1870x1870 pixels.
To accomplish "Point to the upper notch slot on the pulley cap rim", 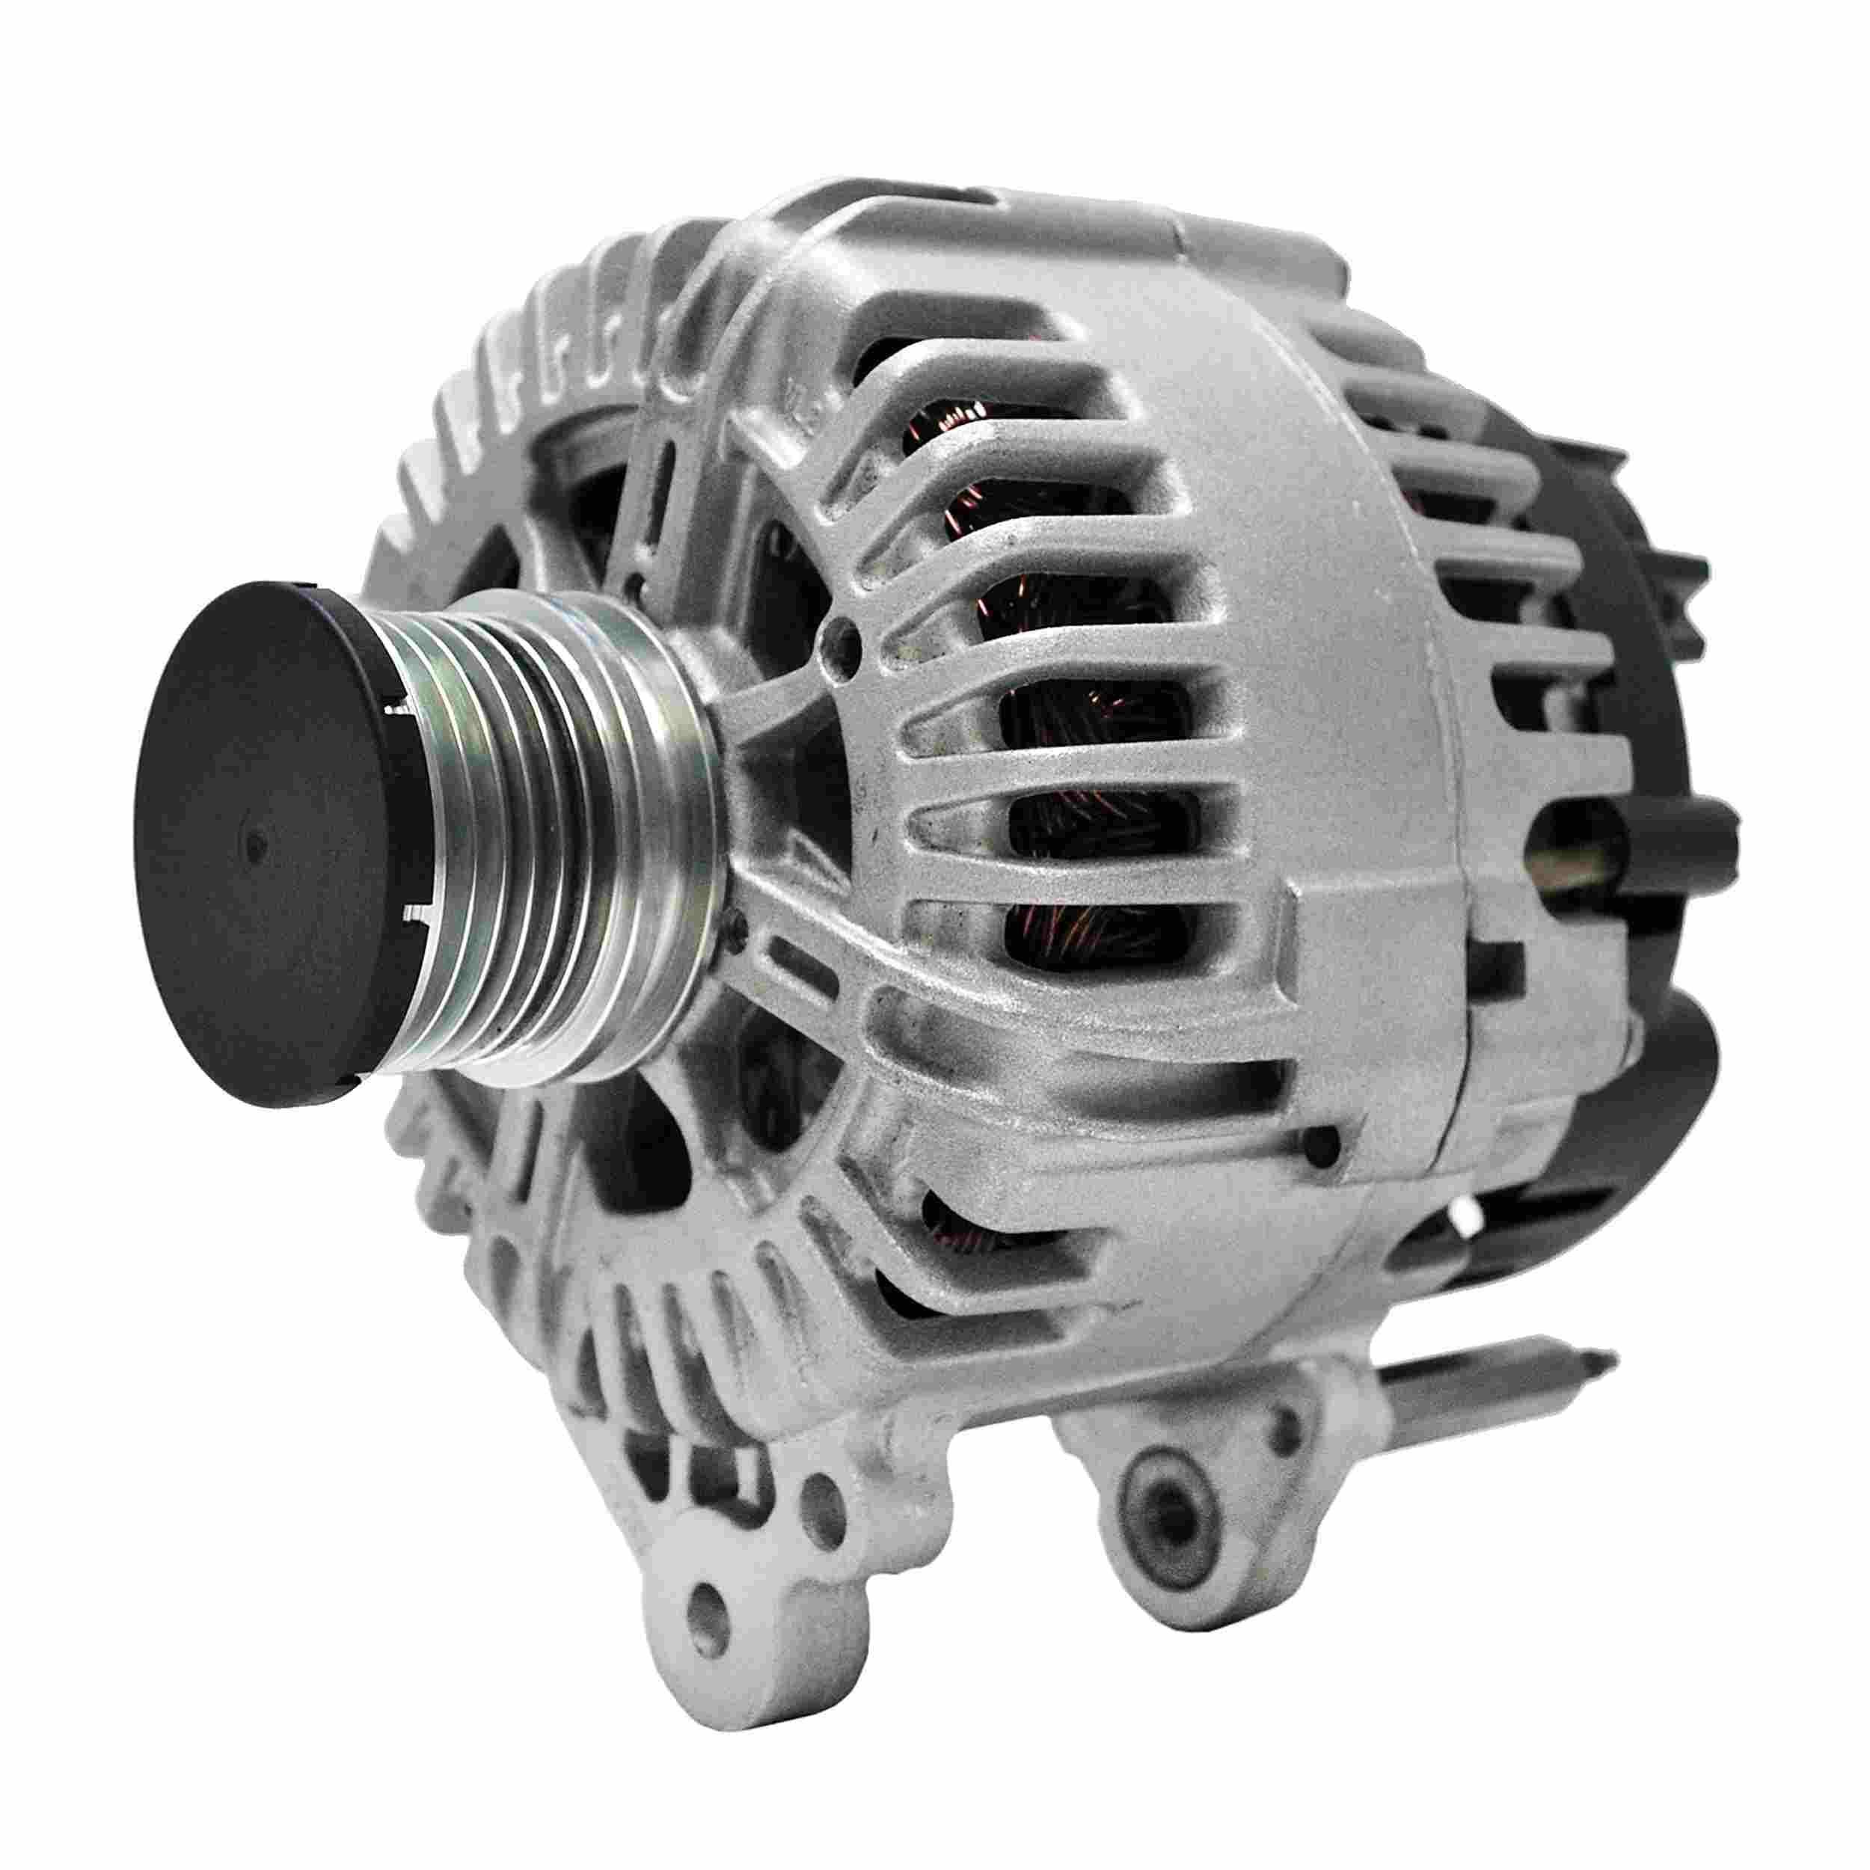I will click(397, 711).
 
